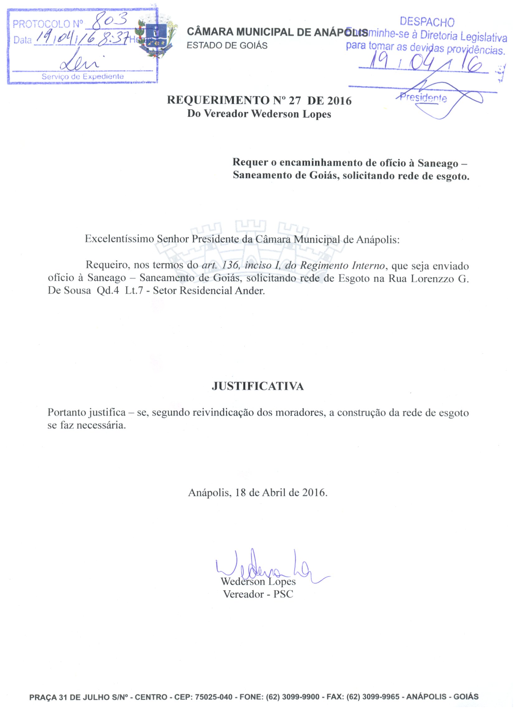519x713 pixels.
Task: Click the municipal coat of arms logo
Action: click(156, 38)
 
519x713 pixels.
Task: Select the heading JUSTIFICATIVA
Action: click(257, 386)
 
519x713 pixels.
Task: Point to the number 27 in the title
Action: click(295, 101)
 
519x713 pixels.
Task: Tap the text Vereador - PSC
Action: click(258, 594)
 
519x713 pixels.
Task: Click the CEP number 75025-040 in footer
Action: click(214, 697)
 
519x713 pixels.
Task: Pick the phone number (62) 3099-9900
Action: click(293, 697)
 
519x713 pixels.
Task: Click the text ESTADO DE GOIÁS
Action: click(227, 46)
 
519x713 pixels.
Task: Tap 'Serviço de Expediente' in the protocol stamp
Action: click(83, 77)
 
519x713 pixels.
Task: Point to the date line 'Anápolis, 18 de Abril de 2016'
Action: click(257, 493)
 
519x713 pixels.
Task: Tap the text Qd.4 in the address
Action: click(108, 291)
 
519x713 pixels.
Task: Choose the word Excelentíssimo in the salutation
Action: click(119, 239)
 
